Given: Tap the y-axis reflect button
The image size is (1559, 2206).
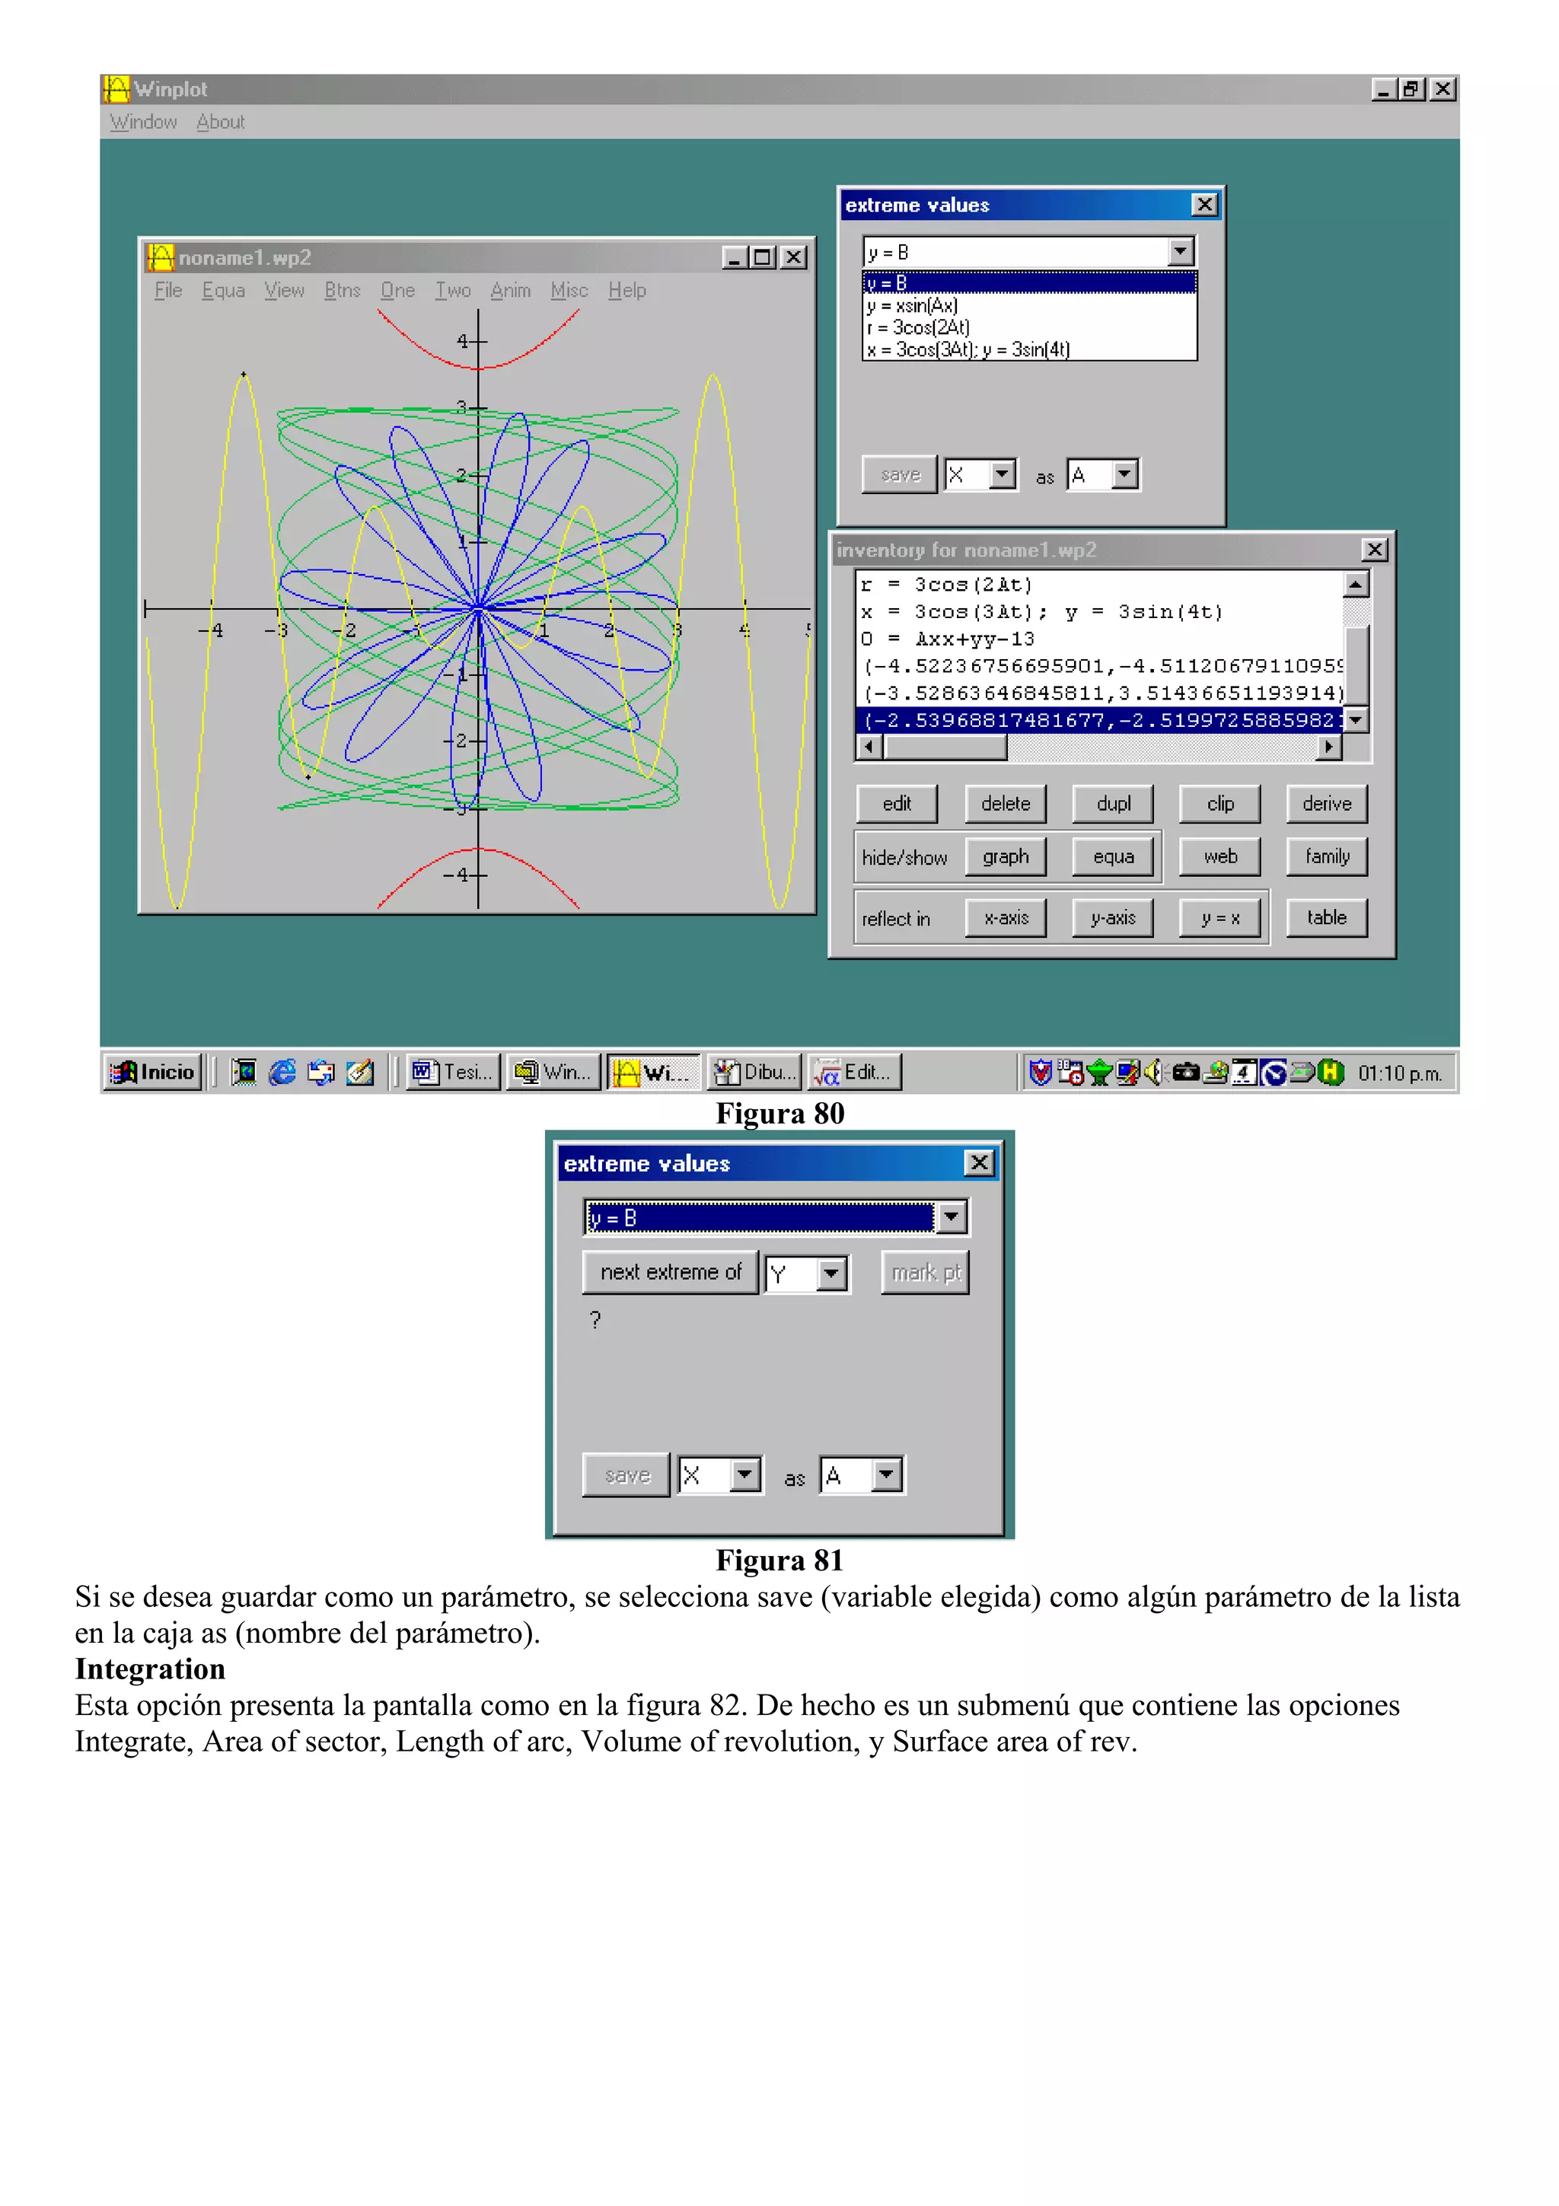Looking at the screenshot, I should (1112, 917).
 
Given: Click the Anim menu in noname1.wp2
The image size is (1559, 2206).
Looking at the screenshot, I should (510, 290).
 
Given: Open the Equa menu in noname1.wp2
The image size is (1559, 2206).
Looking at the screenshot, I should (223, 290).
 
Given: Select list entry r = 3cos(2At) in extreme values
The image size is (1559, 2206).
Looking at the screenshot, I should (918, 327).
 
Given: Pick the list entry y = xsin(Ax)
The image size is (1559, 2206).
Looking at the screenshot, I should (913, 305).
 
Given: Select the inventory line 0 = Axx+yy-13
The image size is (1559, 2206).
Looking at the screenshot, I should (947, 639).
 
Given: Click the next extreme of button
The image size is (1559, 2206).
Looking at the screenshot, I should (671, 1272).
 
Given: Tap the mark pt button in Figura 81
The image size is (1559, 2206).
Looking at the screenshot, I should (925, 1272).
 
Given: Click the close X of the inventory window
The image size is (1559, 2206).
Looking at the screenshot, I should (1375, 550).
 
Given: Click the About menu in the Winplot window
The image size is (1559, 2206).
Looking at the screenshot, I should (220, 122).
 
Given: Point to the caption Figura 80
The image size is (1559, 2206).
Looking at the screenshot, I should (779, 1114).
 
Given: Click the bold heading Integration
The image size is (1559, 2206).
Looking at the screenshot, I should (150, 1669).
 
